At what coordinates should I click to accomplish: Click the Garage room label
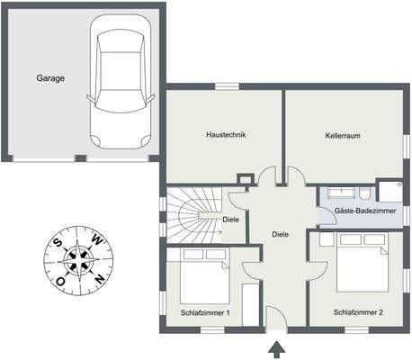50,78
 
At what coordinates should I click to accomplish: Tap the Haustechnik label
226,135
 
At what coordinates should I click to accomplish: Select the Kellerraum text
343,136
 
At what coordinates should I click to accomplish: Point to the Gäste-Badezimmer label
365,211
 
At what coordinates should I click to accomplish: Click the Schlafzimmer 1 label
205,313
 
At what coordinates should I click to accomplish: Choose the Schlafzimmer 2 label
358,312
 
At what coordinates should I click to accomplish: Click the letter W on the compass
97,238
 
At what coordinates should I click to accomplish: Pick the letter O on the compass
60,282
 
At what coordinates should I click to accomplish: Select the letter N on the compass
100,279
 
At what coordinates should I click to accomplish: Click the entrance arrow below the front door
276,349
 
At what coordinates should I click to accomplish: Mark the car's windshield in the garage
120,101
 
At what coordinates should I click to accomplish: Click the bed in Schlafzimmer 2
363,262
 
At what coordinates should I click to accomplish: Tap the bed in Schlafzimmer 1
205,275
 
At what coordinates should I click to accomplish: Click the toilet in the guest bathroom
364,193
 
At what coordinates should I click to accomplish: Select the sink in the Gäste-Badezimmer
341,193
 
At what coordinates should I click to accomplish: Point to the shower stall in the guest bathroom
390,191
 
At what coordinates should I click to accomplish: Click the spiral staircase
194,215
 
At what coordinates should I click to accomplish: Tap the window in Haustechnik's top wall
228,86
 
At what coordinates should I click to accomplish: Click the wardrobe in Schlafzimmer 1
250,304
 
